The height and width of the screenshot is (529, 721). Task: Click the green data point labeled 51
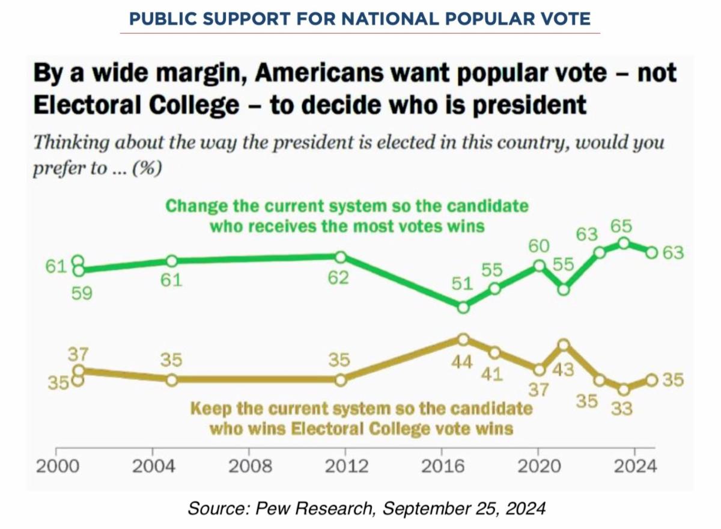[463, 307]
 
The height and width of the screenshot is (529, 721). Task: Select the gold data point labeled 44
[463, 339]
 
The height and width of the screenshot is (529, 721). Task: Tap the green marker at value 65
[624, 243]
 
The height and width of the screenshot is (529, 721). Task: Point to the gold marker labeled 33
[624, 389]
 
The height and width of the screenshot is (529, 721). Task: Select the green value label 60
[539, 246]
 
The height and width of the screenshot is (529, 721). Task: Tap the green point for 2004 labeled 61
[172, 261]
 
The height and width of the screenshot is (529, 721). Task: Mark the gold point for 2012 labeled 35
[340, 380]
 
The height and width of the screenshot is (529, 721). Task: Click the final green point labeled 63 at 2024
[651, 252]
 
